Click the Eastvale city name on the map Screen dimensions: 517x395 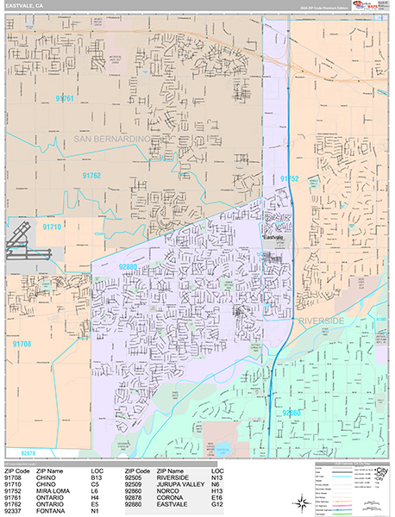click(x=273, y=236)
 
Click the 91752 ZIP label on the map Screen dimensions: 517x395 click(x=289, y=178)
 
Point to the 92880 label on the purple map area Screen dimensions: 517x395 click(x=129, y=267)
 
